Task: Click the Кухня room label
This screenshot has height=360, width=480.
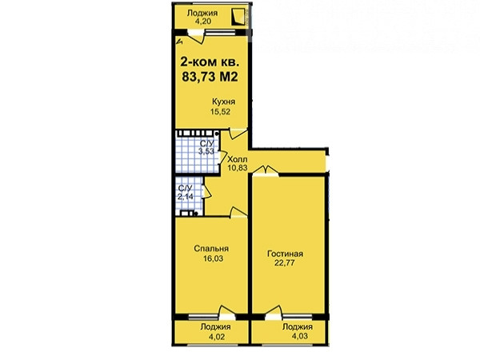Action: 223,102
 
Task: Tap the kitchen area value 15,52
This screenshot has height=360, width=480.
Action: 220,112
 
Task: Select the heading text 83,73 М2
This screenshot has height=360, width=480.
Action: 210,77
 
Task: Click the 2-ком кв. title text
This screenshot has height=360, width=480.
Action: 210,62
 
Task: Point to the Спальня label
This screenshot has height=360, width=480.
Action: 211,249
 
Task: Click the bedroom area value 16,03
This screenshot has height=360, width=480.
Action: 213,258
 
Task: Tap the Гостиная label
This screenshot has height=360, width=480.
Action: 285,254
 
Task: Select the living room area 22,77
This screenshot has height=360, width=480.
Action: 285,262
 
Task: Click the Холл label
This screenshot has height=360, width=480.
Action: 238,159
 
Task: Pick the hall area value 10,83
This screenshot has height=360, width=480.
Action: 238,167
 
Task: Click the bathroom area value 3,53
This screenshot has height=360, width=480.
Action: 206,151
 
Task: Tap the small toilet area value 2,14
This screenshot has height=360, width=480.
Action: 186,197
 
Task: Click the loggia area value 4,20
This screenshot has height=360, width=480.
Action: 203,22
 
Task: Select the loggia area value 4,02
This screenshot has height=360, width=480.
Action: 217,337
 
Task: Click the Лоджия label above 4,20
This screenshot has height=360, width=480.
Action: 202,13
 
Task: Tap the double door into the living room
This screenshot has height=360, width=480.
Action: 266,171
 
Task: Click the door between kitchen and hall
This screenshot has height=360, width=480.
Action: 238,134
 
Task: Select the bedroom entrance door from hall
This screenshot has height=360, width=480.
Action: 238,213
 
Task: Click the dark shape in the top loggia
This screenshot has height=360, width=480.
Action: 238,17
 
